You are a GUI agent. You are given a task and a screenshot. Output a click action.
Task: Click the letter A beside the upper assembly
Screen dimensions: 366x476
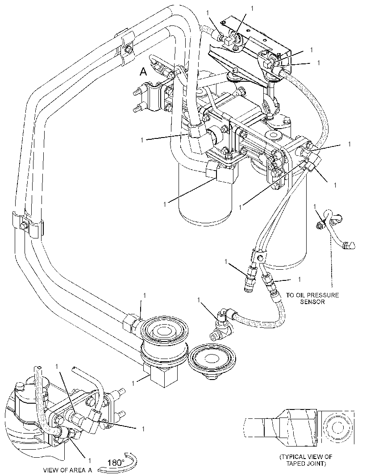(143, 72)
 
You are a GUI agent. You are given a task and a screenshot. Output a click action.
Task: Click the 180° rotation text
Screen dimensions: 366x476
(116, 463)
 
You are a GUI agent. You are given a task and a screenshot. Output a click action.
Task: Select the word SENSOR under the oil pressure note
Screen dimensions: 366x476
(312, 302)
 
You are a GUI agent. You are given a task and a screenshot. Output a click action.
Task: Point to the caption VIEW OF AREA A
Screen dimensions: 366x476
(67, 470)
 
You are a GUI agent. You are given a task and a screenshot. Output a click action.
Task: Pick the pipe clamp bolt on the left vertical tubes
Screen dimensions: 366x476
(24, 226)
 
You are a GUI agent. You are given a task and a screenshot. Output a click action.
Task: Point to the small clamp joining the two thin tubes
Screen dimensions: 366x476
(258, 258)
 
